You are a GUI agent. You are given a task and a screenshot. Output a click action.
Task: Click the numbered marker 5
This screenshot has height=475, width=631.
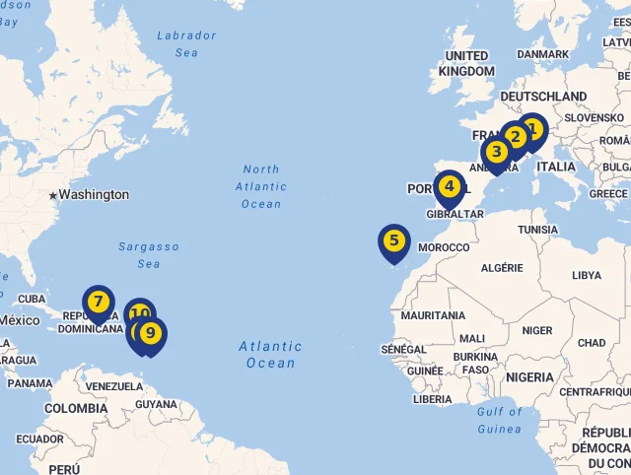[x=393, y=239]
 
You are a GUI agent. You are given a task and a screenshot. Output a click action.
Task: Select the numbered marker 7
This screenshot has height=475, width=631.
[x=98, y=301]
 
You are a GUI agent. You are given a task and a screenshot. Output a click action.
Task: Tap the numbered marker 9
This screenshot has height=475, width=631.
[x=150, y=333]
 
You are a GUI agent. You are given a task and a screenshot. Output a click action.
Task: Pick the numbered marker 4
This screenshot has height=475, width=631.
[x=449, y=185]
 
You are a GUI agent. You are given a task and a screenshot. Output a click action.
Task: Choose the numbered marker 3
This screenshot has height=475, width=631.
[x=496, y=152]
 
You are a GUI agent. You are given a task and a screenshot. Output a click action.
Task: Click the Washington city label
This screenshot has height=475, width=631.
[x=94, y=194]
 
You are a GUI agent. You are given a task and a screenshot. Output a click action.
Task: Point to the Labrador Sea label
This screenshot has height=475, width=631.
[x=186, y=43]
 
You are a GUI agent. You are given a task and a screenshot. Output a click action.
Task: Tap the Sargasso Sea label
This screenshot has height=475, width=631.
[x=149, y=255]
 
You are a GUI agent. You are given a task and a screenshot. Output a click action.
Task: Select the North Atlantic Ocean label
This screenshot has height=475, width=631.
[x=261, y=186]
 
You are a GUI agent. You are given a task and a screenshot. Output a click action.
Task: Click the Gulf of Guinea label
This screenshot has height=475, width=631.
[x=499, y=420]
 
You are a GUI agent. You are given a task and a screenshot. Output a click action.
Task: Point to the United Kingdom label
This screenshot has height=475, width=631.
[x=467, y=64]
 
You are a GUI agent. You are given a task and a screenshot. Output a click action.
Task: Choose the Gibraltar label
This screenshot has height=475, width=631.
[x=455, y=214]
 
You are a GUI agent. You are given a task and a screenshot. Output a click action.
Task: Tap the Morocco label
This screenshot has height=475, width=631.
[x=444, y=246]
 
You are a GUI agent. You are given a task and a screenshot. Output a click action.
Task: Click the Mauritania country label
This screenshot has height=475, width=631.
[x=433, y=315]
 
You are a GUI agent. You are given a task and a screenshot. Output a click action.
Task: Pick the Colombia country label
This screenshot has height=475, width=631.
[x=76, y=408]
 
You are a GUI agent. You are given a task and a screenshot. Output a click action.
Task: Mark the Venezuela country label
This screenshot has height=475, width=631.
[x=114, y=386]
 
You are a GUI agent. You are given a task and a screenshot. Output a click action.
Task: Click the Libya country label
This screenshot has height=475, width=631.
[x=586, y=275]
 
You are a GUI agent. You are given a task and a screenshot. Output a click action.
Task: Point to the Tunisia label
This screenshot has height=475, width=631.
[x=537, y=230]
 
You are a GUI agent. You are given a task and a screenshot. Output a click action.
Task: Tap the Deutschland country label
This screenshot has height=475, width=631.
[x=543, y=97]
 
